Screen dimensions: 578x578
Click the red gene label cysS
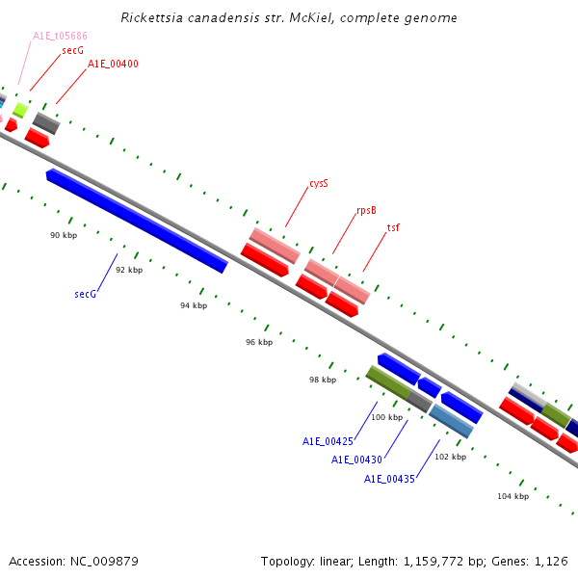(x=319, y=182)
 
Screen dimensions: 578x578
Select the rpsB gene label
(x=366, y=209)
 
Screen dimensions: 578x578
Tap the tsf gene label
(x=393, y=227)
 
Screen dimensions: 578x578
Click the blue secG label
(x=85, y=294)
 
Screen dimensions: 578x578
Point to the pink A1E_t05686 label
(x=60, y=36)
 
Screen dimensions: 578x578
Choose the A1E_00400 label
(x=113, y=64)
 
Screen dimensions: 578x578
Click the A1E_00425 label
(x=328, y=441)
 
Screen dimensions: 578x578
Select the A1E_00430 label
(x=357, y=460)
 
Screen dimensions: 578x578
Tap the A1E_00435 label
(x=389, y=479)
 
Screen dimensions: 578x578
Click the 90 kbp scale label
(x=64, y=234)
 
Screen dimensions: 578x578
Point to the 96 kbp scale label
(x=259, y=342)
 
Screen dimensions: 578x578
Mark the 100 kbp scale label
(x=386, y=417)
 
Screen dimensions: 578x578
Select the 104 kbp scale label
(x=512, y=496)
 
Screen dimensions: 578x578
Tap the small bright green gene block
(x=19, y=110)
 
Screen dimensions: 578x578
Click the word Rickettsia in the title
(x=155, y=18)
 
